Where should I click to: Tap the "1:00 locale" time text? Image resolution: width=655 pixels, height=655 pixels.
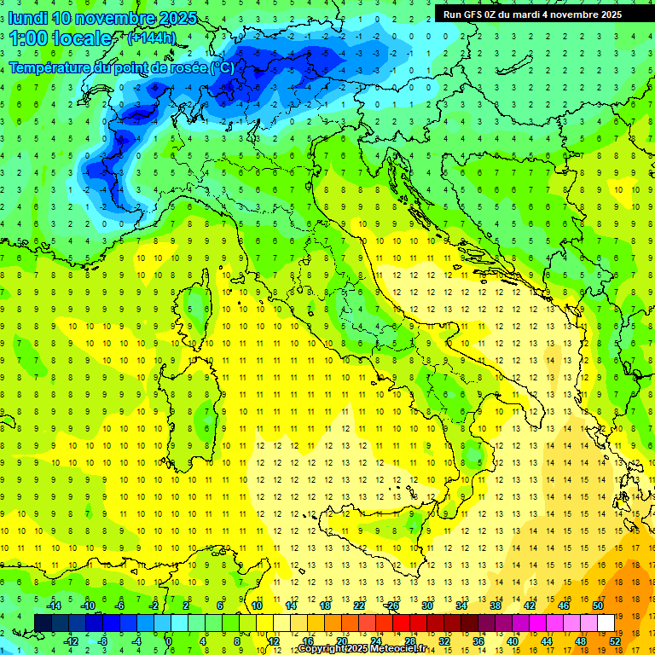(61, 38)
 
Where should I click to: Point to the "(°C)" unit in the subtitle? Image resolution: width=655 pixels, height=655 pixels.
(221, 67)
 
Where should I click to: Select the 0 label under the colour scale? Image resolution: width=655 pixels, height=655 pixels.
(169, 641)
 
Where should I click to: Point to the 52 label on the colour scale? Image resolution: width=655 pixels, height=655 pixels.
(615, 641)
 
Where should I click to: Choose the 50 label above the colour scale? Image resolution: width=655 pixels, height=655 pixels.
(598, 606)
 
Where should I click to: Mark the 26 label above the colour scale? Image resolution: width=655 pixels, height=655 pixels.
(392, 606)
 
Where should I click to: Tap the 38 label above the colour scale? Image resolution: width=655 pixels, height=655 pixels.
(495, 606)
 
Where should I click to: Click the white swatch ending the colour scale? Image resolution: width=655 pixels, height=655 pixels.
(606, 623)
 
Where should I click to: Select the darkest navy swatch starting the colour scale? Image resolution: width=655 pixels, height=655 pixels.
(43, 623)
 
